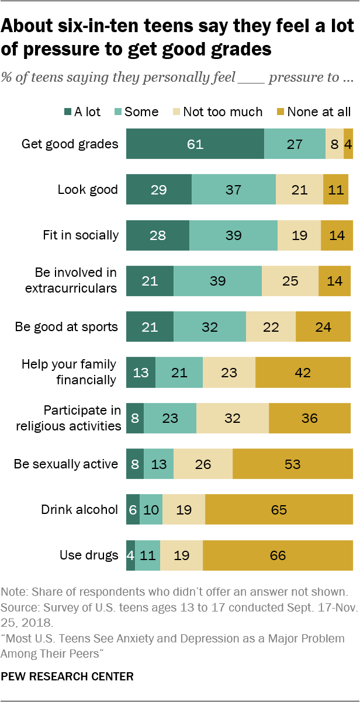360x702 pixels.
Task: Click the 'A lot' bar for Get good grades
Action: (x=195, y=144)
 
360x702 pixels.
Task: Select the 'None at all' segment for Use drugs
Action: (x=278, y=555)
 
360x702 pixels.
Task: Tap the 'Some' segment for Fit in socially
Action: (x=233, y=235)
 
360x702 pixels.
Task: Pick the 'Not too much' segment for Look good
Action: (x=299, y=190)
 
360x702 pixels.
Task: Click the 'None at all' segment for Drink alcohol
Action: (x=279, y=509)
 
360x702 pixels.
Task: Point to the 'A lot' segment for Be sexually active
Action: (x=134, y=464)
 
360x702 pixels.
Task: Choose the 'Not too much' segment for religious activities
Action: (x=232, y=418)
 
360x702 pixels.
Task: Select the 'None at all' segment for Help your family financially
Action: (x=304, y=373)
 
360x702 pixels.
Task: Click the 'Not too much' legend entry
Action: (x=223, y=112)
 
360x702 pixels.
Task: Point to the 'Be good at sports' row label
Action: (x=67, y=326)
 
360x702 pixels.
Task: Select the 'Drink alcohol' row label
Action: (x=79, y=509)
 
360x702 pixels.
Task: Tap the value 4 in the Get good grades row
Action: (x=348, y=144)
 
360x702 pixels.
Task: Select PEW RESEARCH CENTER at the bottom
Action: (x=67, y=677)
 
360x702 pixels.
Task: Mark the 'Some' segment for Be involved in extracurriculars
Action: (x=217, y=281)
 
